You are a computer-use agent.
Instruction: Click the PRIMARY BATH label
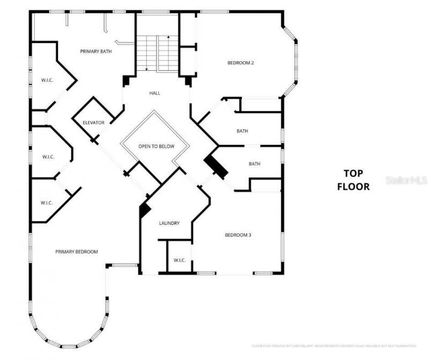tap(96, 52)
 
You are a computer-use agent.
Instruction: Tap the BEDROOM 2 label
tap(240, 63)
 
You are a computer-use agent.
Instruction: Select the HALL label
tap(155, 93)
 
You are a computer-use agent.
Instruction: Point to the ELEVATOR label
tap(93, 123)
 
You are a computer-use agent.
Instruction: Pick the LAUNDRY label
tap(169, 223)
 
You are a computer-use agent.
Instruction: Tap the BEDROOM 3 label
tap(238, 235)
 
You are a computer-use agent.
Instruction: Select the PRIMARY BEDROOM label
tap(76, 251)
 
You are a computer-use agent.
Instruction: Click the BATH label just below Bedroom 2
tap(242, 131)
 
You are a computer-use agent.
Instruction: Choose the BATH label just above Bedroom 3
tap(254, 164)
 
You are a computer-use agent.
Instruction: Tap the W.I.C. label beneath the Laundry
tap(179, 260)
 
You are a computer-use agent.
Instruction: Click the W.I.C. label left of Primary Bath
tap(47, 80)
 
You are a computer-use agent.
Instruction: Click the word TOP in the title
tap(353, 173)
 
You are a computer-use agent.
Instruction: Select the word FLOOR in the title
tap(353, 187)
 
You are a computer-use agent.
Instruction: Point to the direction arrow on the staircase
tap(168, 37)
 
